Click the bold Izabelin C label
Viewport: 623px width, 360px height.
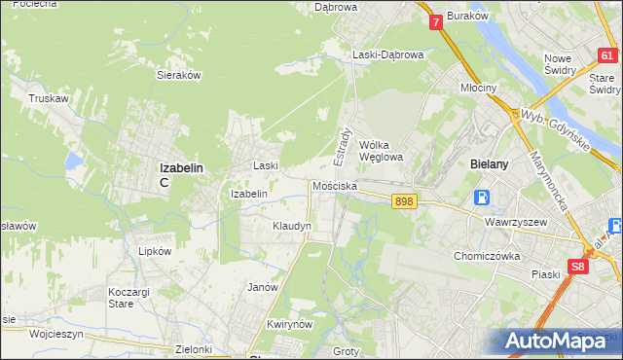tap(180, 173)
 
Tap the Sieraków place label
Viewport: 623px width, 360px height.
tap(178, 74)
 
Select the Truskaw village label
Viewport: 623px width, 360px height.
tap(47, 98)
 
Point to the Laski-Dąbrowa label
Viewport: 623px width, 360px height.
tap(388, 55)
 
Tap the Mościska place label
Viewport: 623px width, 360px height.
tap(335, 185)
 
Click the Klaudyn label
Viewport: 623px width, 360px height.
tap(292, 226)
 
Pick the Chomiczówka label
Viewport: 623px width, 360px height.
tap(489, 256)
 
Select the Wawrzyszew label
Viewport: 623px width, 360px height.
tap(516, 221)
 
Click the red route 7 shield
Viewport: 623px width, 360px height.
tap(435, 20)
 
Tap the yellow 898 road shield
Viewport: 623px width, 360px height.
tap(405, 200)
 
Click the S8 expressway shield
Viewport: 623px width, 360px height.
tap(579, 266)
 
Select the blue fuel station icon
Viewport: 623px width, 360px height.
tap(482, 198)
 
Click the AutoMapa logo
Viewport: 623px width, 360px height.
tap(560, 341)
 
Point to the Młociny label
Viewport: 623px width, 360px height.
tap(478, 88)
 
